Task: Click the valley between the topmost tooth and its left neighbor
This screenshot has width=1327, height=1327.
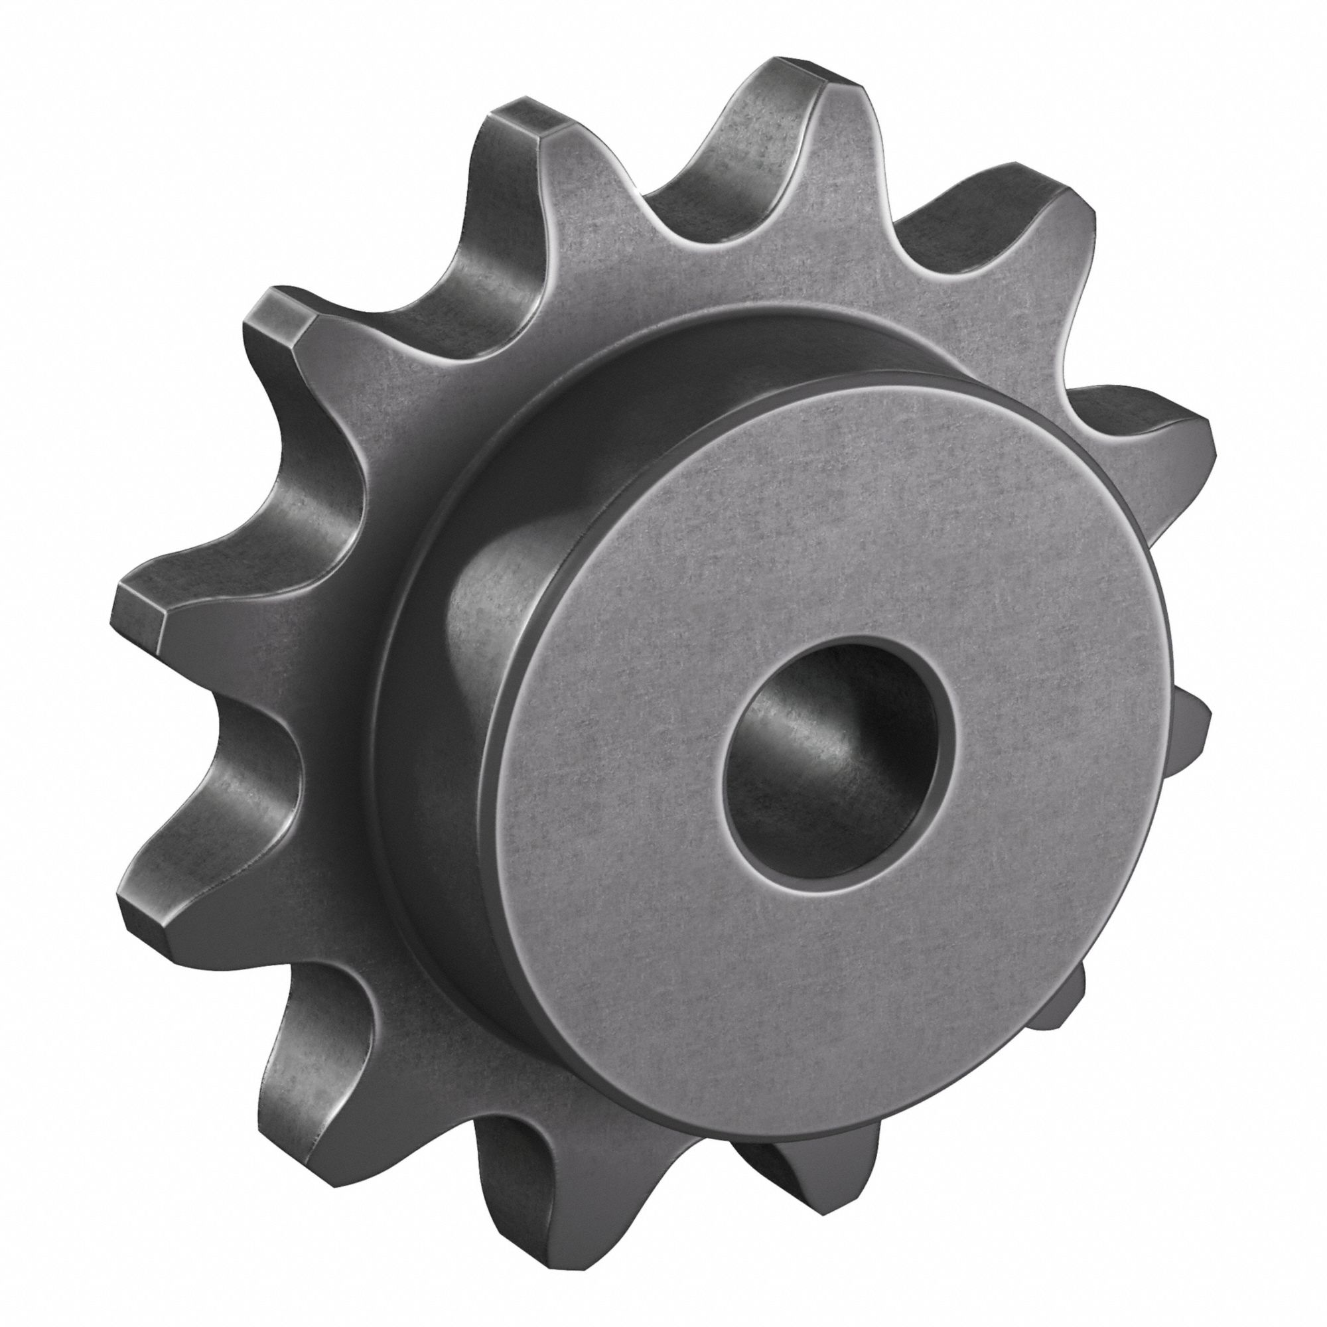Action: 660,199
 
